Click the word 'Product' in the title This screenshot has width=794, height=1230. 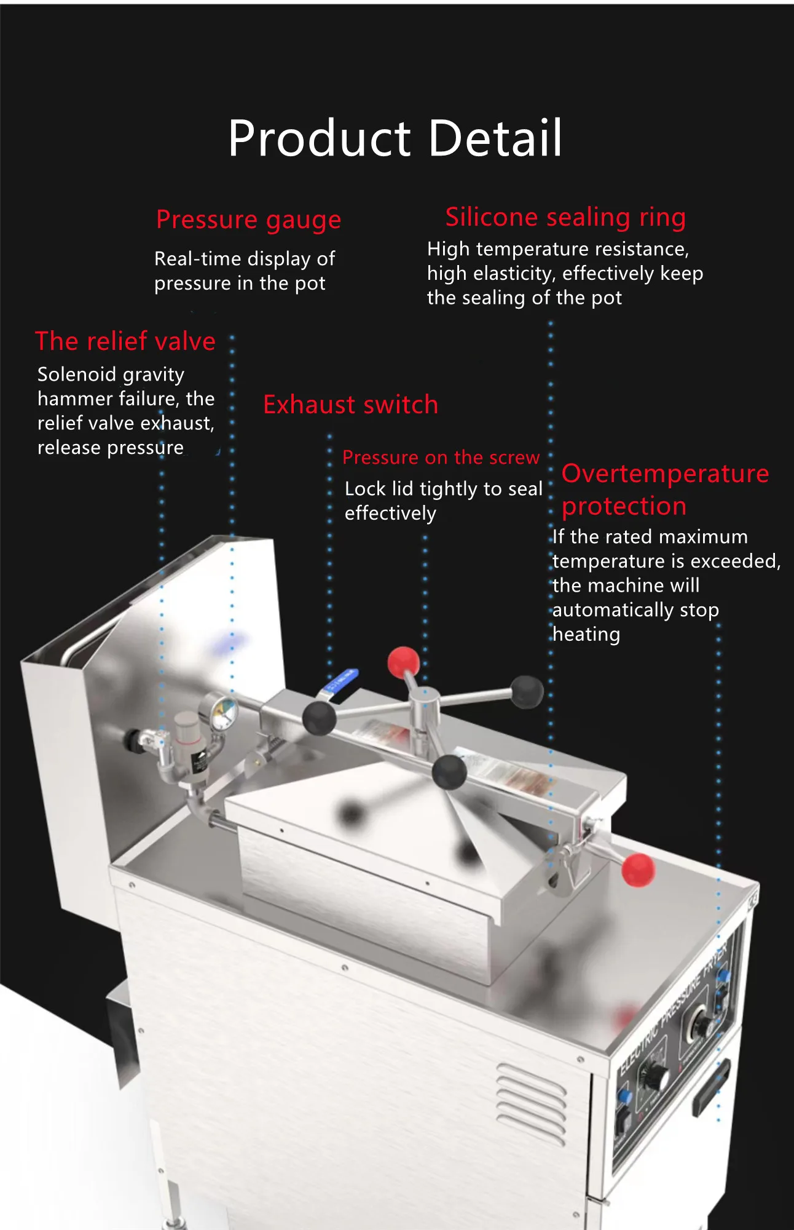point(319,138)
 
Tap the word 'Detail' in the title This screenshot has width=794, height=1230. point(495,138)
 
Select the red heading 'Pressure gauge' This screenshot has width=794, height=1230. point(248,220)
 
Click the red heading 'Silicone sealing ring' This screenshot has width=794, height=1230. point(565,217)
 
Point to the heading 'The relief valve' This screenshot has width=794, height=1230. point(125,341)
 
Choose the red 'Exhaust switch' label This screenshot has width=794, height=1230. point(350,405)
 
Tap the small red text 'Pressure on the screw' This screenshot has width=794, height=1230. point(441,458)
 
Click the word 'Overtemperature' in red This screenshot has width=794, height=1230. point(665,474)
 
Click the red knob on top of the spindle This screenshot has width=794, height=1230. point(403,661)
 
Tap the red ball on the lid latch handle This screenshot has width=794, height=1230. point(638,870)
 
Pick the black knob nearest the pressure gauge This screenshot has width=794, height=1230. point(319,718)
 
